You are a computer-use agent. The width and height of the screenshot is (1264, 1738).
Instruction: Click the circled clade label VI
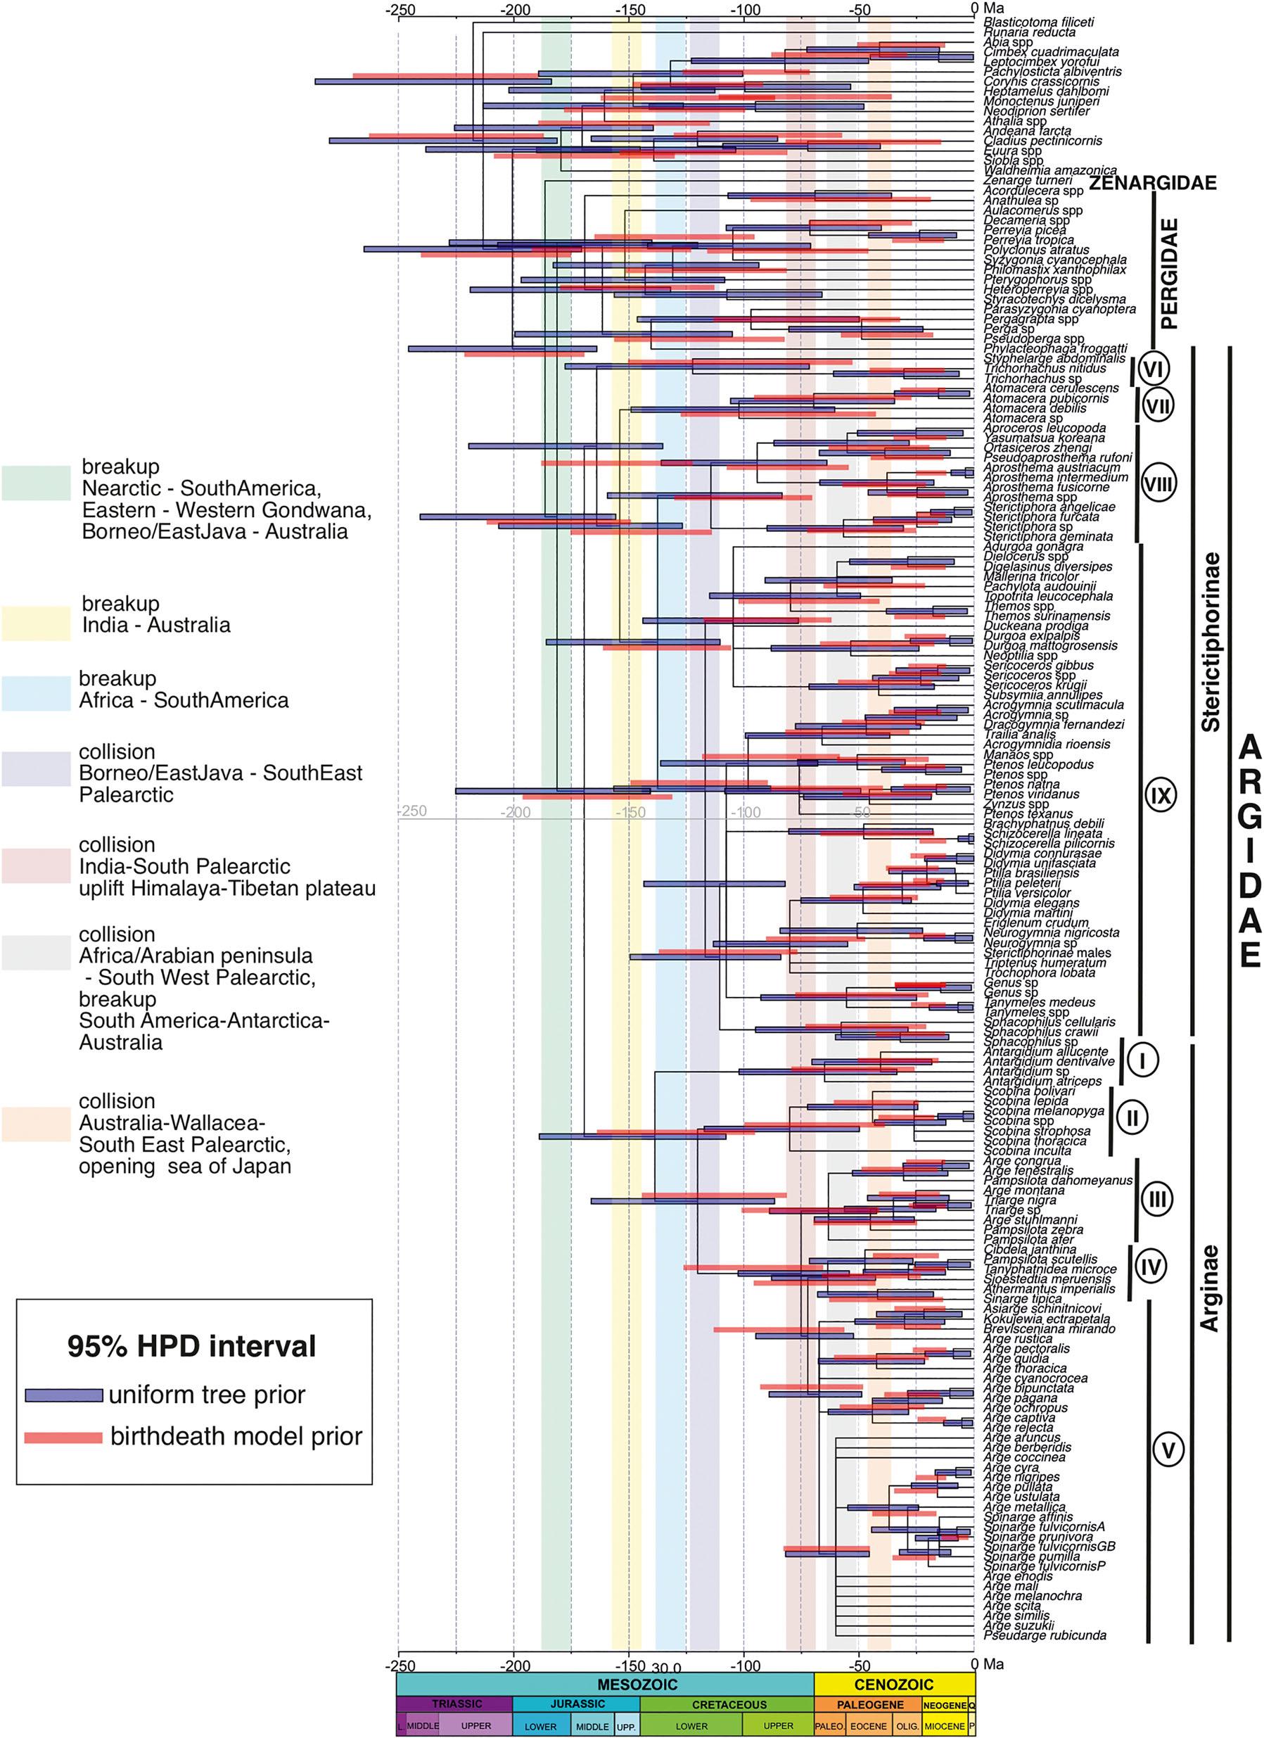tap(1153, 369)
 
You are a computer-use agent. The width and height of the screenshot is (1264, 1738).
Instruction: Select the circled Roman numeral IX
tap(1161, 795)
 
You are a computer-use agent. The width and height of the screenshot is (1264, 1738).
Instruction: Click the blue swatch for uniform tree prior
tap(63, 1395)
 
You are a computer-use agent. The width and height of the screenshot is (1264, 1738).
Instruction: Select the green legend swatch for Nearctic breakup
tap(36, 484)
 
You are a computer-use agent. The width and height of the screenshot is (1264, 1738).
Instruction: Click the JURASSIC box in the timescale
tap(577, 1704)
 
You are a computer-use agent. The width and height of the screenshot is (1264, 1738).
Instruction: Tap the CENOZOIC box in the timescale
tap(894, 1685)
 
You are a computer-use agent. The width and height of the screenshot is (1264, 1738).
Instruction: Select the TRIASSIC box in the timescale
tap(457, 1704)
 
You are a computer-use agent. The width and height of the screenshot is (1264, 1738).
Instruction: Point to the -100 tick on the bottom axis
tap(746, 1664)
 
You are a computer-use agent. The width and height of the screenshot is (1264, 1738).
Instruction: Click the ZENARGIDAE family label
tap(1153, 183)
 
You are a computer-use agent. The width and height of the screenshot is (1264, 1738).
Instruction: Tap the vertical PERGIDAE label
tap(1169, 274)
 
